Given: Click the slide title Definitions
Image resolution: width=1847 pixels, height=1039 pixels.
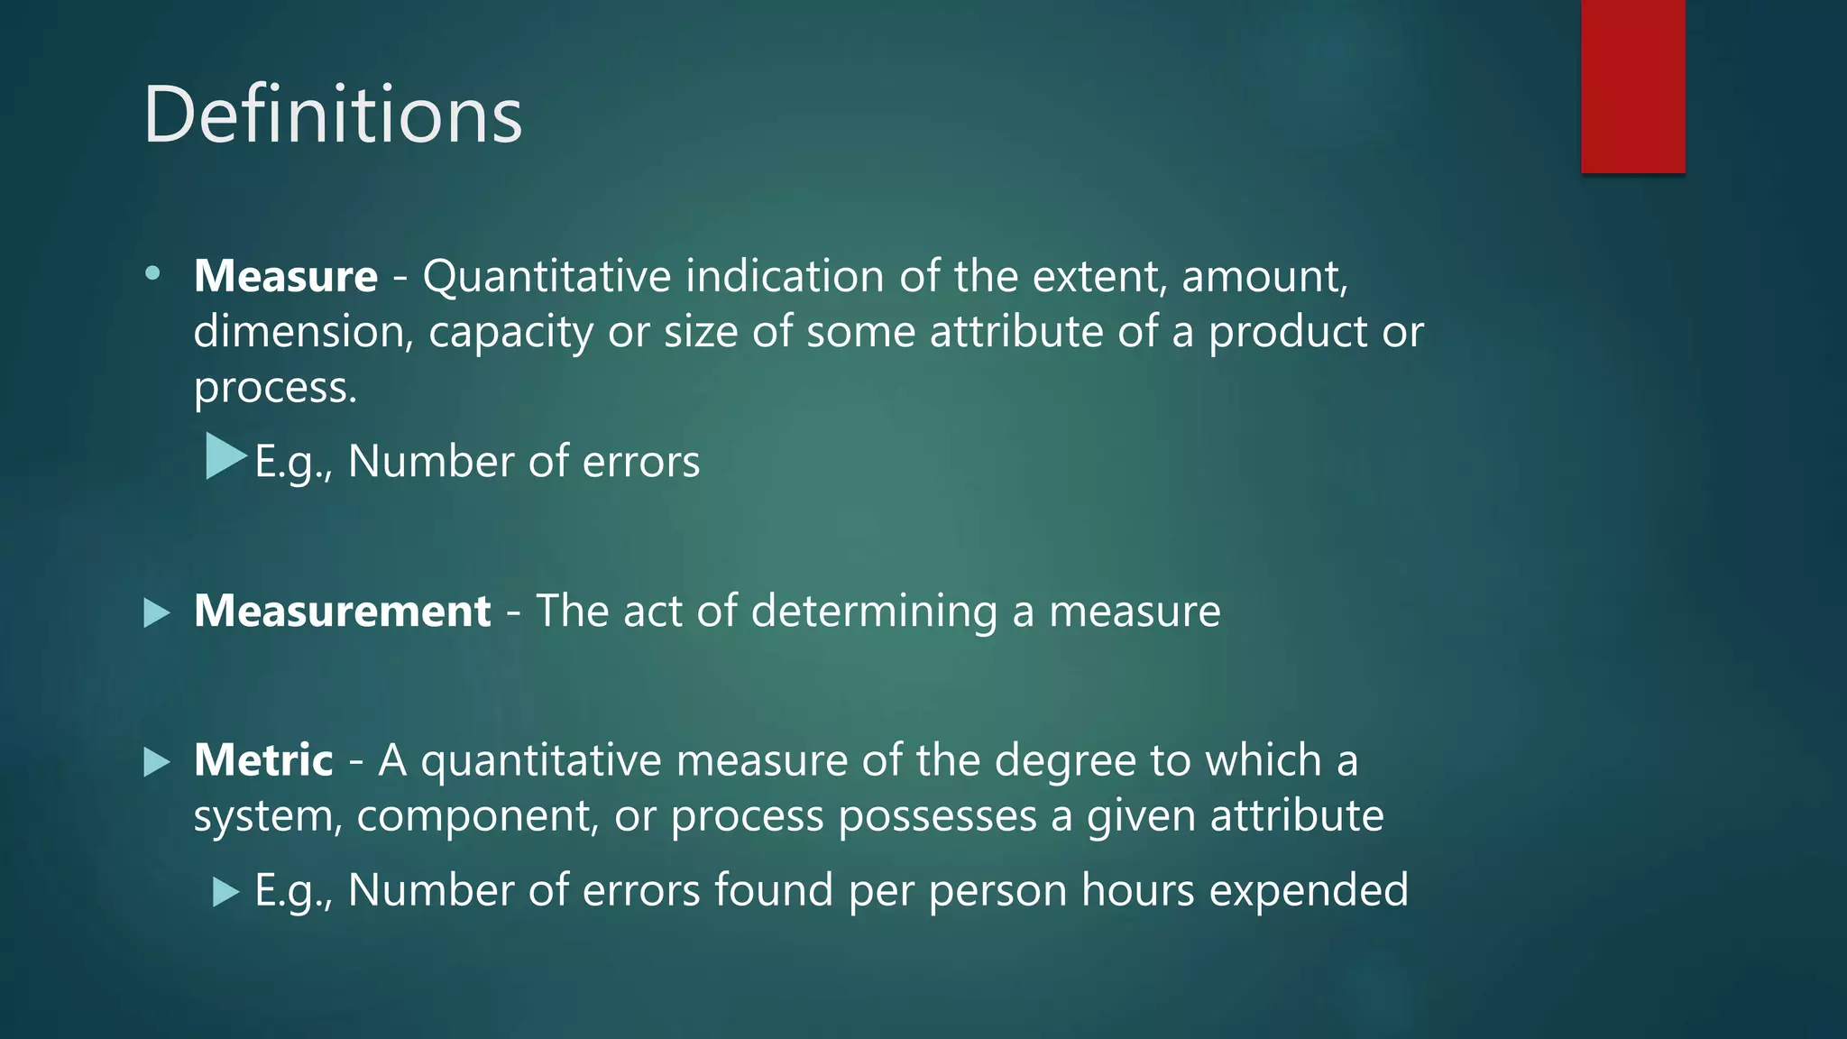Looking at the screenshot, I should tap(333, 115).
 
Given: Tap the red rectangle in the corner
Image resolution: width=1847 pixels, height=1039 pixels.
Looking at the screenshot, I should tap(1632, 86).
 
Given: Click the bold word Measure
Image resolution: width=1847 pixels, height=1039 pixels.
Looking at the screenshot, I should tap(286, 276).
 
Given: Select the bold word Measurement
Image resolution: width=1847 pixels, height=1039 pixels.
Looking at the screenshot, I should tap(343, 611).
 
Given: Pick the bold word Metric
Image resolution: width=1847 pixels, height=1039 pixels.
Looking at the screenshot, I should tap(263, 760).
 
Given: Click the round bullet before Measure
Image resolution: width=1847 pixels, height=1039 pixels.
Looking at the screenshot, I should tap(152, 272).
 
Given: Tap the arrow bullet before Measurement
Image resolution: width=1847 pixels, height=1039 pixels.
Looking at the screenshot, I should tap(157, 613).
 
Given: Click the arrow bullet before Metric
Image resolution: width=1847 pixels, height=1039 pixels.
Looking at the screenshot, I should tap(157, 762).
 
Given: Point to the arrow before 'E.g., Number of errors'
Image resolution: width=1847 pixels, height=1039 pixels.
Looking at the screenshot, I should tap(225, 456).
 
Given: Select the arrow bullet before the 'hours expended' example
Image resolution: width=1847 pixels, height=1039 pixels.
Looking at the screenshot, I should tap(225, 893).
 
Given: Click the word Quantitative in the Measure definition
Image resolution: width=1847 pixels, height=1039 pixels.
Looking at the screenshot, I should tap(547, 276).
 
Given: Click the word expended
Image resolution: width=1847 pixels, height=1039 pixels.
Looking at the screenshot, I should tap(1309, 891).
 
